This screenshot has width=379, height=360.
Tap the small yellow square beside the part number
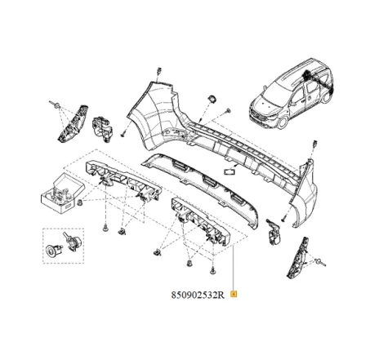pyautogui.click(x=234, y=292)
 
